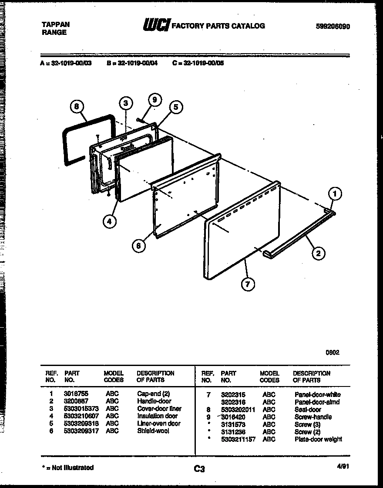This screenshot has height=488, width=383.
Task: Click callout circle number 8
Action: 77,107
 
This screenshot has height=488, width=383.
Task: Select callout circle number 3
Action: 126,103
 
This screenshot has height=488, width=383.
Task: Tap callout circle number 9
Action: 154,100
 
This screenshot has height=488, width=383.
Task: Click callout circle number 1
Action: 334,193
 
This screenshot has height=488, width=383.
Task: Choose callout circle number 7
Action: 248,284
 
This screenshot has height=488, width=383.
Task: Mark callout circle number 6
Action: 138,246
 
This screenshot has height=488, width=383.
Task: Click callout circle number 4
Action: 110,221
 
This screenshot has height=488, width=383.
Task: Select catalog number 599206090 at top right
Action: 333,27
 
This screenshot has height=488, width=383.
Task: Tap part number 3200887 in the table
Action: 76,401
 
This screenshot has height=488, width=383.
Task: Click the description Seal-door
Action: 308,410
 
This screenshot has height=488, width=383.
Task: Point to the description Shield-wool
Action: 153,431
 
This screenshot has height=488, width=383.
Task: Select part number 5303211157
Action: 239,439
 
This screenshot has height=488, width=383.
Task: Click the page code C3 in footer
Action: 199,469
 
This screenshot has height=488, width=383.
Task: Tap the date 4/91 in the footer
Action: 343,466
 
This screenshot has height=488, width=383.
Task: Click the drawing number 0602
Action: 333,352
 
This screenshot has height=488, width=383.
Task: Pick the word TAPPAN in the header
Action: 55,24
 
